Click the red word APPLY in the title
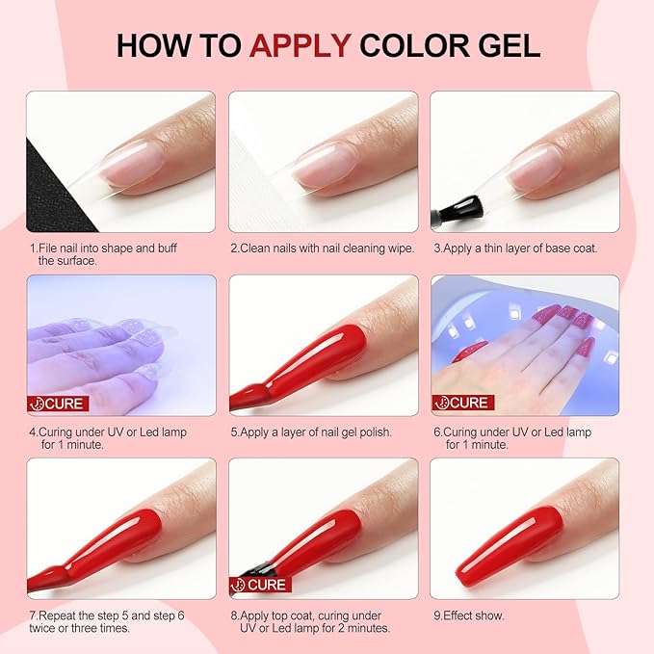coord(301,45)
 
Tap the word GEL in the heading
coord(506,45)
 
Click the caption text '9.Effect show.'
coord(468,615)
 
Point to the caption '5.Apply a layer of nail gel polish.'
coord(311,432)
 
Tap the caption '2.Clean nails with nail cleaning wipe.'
coord(322,249)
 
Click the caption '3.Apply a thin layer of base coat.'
coord(515,249)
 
